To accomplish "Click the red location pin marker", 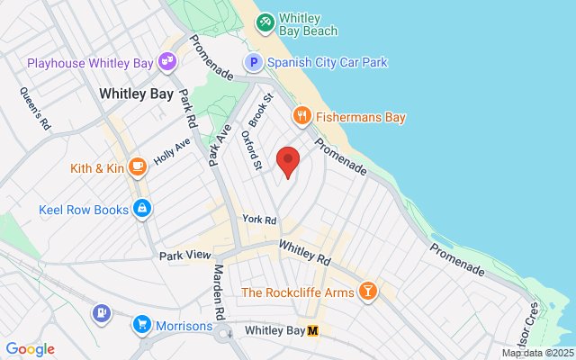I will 288,162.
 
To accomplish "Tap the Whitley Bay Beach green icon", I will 265,22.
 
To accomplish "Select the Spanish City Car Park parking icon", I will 254,62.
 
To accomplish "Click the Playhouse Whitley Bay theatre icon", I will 166,61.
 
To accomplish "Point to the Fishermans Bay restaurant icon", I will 301,117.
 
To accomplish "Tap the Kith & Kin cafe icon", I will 138,166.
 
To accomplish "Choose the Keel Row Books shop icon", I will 141,210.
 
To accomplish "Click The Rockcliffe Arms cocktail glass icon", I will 367,292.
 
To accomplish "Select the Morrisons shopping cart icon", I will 141,325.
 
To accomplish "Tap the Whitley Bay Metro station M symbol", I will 313,330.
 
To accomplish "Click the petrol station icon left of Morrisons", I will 101,313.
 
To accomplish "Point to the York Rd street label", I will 258,220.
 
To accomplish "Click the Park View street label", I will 184,256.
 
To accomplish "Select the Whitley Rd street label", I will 305,252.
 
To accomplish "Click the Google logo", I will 30,349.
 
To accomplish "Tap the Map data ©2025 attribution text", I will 537,353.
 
